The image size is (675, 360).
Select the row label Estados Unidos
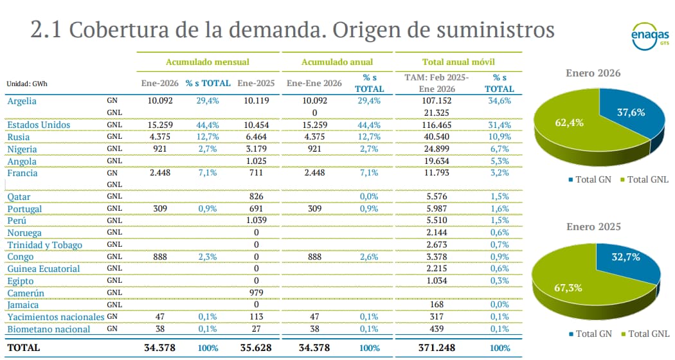click(x=38, y=125)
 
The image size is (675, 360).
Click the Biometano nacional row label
click(x=48, y=329)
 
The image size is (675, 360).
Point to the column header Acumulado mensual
click(x=208, y=62)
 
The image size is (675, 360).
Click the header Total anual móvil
click(x=458, y=62)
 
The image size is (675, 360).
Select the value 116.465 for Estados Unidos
click(x=437, y=125)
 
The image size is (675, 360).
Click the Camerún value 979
click(x=256, y=293)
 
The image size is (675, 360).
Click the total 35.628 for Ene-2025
click(x=255, y=348)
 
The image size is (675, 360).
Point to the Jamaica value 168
click(x=437, y=305)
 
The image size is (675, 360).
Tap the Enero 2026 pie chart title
click(x=593, y=73)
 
